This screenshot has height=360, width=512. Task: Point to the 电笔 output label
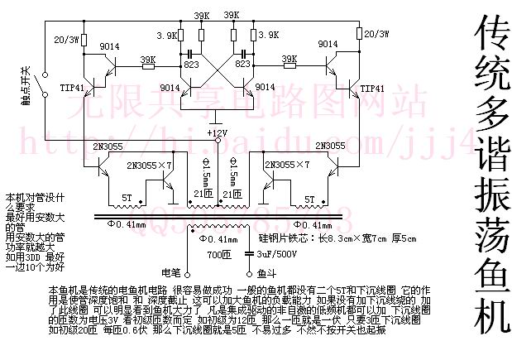coord(170,271)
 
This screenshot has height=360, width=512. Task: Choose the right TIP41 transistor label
coord(373,87)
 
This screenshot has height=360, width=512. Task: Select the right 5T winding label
coord(312,198)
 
